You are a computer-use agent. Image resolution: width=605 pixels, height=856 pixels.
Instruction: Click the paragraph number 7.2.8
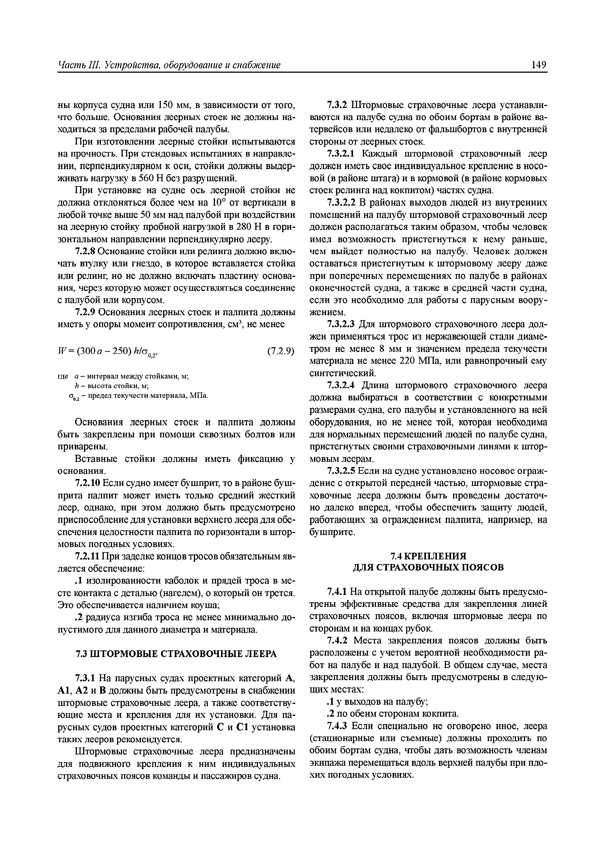pos(86,252)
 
